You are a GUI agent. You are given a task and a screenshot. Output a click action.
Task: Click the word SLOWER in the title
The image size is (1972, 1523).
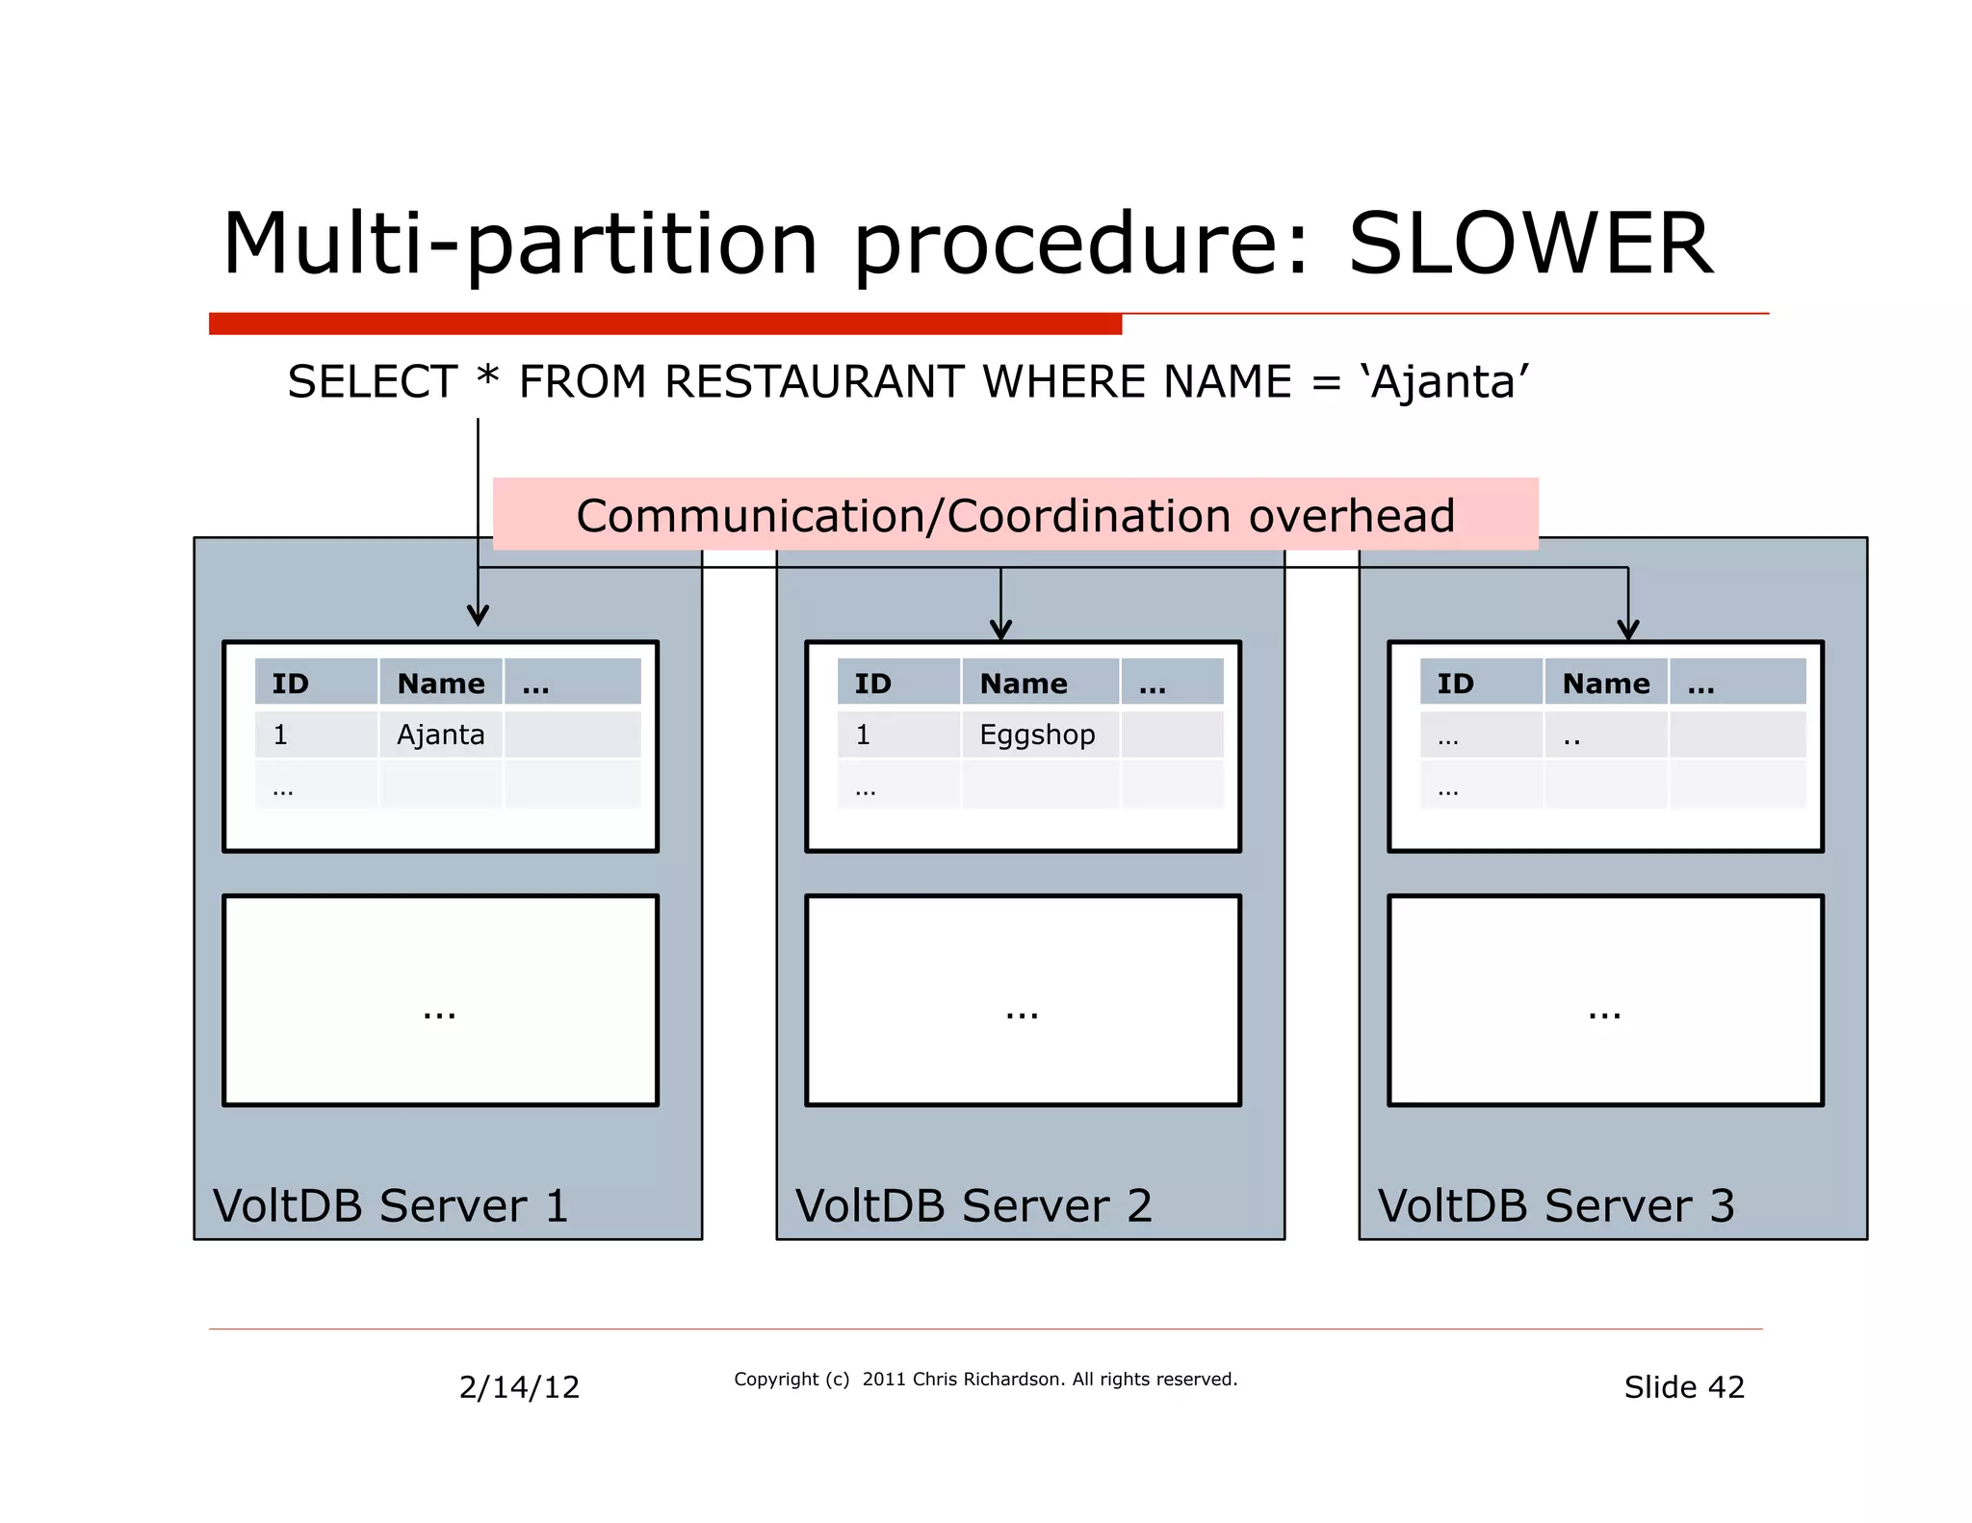click(x=1530, y=245)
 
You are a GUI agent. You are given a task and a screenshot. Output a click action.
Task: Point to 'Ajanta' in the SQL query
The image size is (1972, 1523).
click(x=1444, y=382)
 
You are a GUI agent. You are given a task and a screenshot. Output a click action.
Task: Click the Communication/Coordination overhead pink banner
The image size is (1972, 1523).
click(x=1015, y=515)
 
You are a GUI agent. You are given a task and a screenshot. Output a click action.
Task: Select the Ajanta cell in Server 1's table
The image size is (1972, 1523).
click(x=441, y=735)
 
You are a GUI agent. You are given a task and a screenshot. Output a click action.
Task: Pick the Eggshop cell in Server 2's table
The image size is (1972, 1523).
click(x=1037, y=735)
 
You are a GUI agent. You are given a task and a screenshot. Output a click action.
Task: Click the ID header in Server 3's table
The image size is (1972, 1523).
click(x=1455, y=684)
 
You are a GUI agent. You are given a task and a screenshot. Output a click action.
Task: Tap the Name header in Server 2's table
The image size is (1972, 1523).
click(x=1024, y=684)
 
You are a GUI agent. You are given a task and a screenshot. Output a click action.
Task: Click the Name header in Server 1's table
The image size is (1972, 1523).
click(x=441, y=684)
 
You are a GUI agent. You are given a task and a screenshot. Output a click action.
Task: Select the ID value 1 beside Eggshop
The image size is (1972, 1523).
click(x=863, y=735)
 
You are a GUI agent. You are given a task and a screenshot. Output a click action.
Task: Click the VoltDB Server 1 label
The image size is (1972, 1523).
click(x=390, y=1205)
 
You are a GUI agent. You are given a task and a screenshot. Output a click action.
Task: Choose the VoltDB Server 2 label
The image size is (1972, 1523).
click(x=973, y=1205)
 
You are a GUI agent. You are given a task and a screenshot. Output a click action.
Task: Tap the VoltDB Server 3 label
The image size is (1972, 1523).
click(x=1556, y=1205)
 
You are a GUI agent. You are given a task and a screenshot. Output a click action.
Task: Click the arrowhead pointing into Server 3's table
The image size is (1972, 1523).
click(x=1627, y=632)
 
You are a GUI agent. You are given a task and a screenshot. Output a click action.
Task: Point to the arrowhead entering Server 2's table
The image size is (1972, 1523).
click(x=1000, y=632)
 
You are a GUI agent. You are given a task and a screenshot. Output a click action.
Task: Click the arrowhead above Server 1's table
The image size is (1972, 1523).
click(x=478, y=616)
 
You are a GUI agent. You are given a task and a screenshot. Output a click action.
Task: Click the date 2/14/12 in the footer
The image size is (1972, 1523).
click(x=519, y=1387)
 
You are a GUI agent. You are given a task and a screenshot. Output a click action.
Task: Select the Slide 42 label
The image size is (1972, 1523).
click(x=1684, y=1387)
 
